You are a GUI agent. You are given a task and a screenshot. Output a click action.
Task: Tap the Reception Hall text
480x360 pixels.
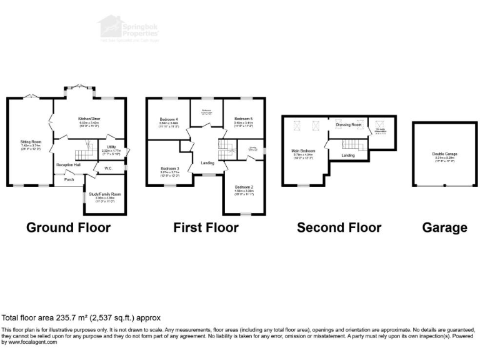click(x=66, y=164)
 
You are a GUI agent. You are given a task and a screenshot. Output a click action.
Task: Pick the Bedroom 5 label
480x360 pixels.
click(x=243, y=119)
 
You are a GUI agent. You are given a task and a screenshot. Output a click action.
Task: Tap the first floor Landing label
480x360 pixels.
click(x=207, y=164)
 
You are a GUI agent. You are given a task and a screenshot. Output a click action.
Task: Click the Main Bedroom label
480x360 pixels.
click(x=303, y=151)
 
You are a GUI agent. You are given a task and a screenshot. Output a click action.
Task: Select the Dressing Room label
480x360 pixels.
click(x=348, y=125)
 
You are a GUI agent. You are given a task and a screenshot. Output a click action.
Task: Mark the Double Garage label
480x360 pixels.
click(x=443, y=154)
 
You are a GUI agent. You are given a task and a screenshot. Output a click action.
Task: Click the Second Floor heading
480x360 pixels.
click(x=339, y=227)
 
